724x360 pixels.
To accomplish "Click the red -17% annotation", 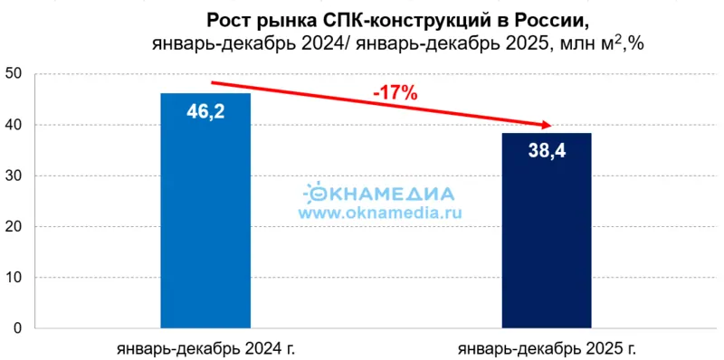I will [x=395, y=92].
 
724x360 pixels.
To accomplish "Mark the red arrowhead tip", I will [x=552, y=127].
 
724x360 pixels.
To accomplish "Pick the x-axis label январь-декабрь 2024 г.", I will [x=206, y=347].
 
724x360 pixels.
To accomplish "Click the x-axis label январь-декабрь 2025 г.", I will [x=548, y=347].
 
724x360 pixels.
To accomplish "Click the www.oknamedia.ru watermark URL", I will [x=380, y=213].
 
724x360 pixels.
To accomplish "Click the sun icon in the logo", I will [x=317, y=192].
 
